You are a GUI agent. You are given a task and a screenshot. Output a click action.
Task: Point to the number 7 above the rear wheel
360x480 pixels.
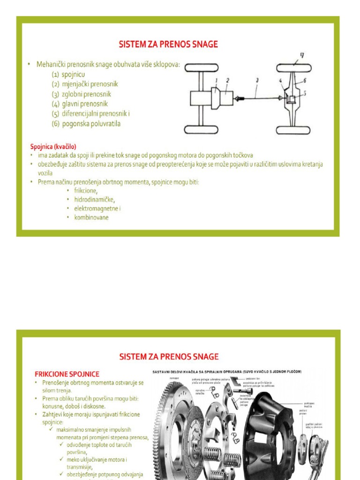[302, 55]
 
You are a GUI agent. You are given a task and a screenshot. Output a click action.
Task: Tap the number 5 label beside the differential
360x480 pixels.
[305, 93]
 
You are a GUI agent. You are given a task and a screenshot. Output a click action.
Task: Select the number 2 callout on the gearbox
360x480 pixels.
[227, 80]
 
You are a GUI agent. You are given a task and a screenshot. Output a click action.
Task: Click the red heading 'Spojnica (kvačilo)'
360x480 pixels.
[53, 146]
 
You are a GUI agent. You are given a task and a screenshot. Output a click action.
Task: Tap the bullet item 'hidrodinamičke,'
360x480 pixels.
[94, 199]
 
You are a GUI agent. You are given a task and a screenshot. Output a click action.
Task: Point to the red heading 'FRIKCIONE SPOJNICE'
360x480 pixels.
[67, 374]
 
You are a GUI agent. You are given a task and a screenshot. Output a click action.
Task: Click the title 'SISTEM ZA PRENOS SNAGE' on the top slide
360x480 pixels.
[169, 45]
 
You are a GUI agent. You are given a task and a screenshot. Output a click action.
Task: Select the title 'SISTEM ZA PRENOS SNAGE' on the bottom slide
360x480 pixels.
[169, 357]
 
